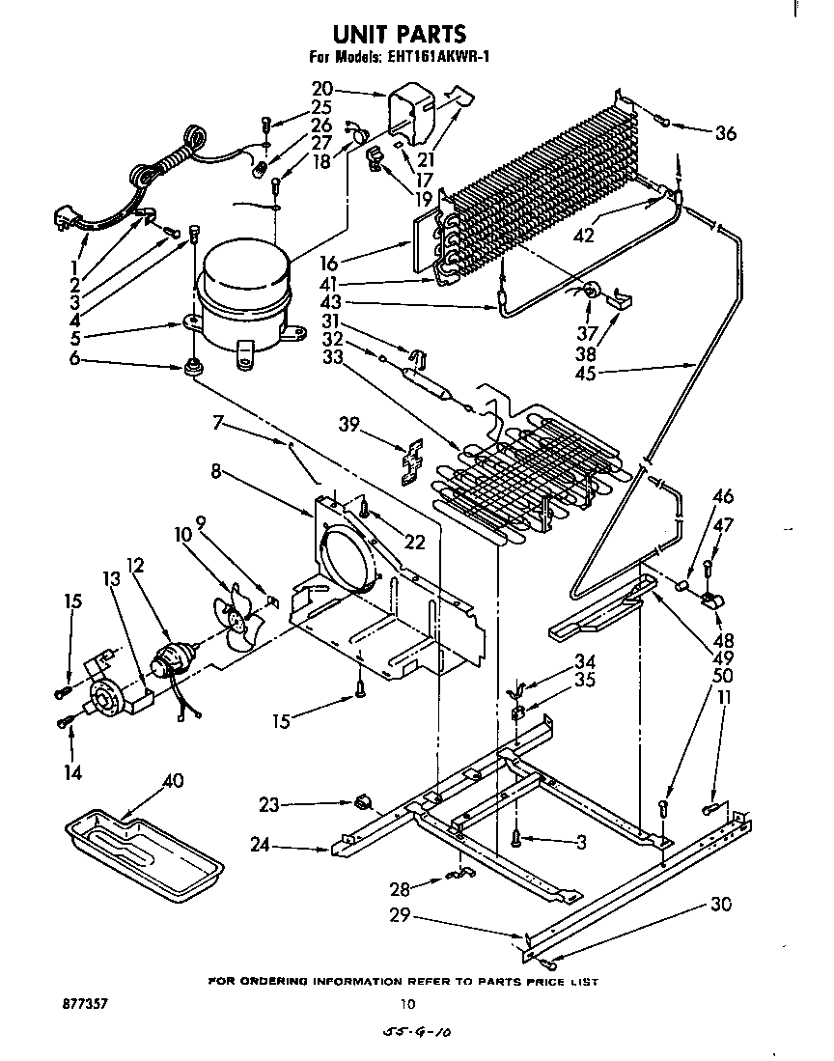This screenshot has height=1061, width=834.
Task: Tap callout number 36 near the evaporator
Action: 724,133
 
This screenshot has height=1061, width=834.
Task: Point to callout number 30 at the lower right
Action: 721,905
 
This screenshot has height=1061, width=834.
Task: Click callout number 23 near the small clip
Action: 271,802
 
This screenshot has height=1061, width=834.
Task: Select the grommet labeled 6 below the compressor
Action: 193,367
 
